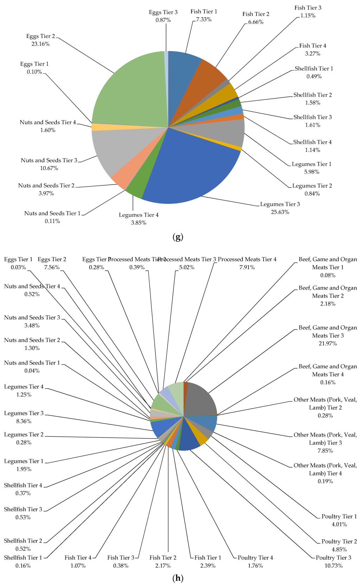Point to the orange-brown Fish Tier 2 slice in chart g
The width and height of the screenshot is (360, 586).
207,84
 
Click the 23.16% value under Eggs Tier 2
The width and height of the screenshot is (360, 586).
40,44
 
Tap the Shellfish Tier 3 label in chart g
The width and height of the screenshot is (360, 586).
313,117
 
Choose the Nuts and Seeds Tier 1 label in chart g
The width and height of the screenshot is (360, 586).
52,214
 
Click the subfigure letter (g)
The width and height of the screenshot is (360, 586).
178,237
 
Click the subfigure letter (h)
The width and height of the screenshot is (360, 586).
178,578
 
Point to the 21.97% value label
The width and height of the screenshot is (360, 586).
327,344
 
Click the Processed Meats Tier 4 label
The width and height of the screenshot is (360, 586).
247,260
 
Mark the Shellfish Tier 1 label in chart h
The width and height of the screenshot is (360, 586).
23,558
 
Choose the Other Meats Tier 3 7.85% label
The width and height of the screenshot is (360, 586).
325,443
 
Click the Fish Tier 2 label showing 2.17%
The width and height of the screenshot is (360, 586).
163,558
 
